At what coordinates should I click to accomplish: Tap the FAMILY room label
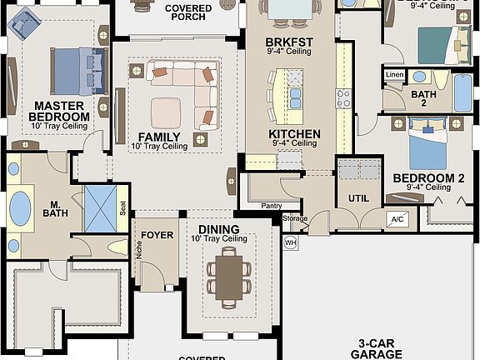(x=158, y=136)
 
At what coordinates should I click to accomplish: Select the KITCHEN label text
(x=294, y=133)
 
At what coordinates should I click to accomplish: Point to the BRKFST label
(x=288, y=41)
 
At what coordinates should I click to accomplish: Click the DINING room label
(x=219, y=229)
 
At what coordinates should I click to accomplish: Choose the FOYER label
(x=157, y=235)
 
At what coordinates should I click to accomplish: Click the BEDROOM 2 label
(x=428, y=177)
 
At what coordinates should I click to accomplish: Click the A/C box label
(x=397, y=219)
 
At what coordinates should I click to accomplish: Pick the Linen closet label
(x=395, y=76)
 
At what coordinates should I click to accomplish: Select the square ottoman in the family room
(x=166, y=111)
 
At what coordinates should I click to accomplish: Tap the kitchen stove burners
(x=342, y=99)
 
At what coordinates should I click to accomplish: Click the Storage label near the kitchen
(x=295, y=219)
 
